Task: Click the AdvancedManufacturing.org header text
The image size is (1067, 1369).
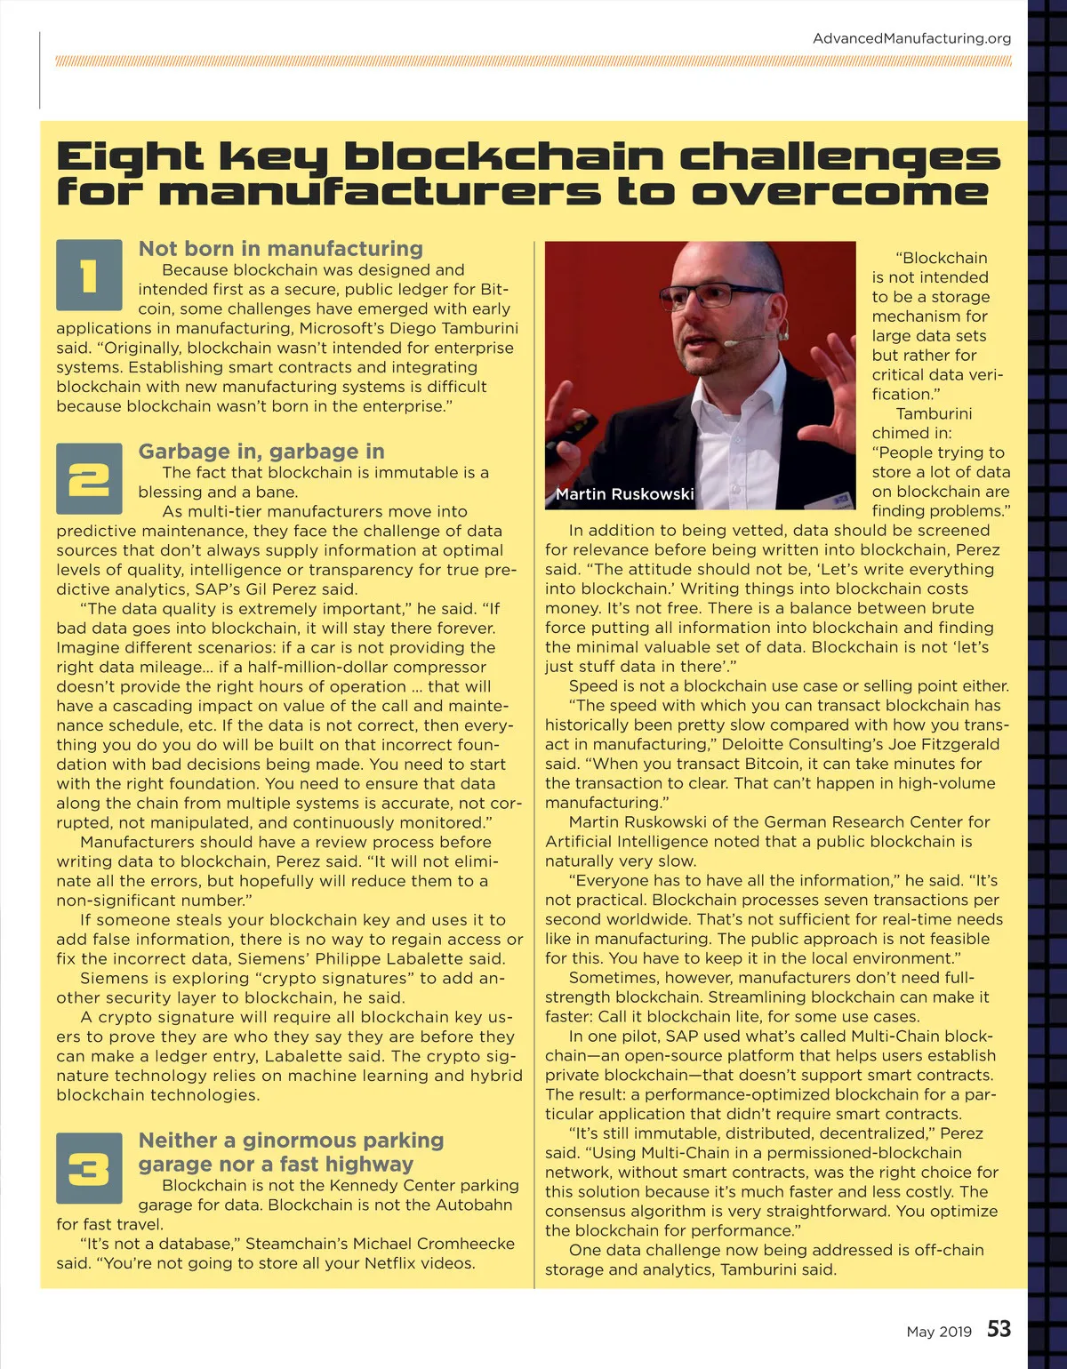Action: pos(911,38)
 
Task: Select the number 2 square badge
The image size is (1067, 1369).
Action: pos(89,478)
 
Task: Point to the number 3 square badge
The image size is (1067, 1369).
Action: pos(89,1167)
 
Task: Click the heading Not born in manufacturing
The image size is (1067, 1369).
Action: pos(280,249)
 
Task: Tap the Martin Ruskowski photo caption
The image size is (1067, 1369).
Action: pos(624,494)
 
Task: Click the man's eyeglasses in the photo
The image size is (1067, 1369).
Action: pos(707,295)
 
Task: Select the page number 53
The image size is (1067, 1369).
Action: pos(999,1329)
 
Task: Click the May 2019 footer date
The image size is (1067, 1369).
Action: pos(939,1332)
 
